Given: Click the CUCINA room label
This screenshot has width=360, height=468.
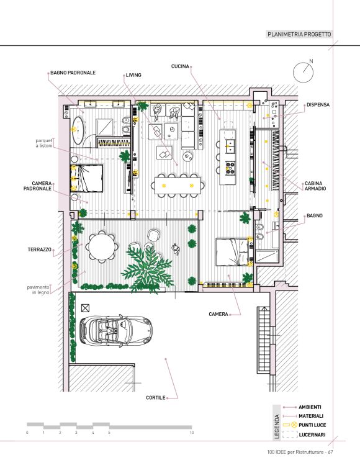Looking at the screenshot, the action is click(180, 66).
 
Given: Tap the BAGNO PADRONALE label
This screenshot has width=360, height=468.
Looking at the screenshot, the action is click(73, 73).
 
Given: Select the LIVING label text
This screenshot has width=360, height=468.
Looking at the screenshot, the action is click(133, 75).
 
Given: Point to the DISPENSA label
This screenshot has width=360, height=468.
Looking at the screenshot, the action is click(318, 105).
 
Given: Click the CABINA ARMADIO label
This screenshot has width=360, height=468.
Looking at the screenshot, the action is click(315, 186).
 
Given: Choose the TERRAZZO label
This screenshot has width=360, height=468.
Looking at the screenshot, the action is click(39, 250).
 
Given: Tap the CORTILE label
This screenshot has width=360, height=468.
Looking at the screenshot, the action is click(156, 398).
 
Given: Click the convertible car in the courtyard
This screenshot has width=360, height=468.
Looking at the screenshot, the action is click(116, 331).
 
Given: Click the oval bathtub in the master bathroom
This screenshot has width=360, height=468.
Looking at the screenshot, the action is click(78, 130).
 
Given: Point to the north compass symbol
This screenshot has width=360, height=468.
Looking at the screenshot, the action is click(304, 71).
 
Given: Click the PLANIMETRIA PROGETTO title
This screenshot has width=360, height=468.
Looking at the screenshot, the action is click(299, 34).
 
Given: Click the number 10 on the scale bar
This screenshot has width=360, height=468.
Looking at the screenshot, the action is click(192, 433).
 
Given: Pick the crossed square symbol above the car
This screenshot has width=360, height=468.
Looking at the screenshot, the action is click(86, 308).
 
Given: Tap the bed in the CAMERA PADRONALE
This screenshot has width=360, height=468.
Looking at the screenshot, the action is click(86, 178).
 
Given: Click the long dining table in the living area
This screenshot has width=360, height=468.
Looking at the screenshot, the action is click(178, 186).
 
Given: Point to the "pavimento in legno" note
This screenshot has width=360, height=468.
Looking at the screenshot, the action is click(38, 290).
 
